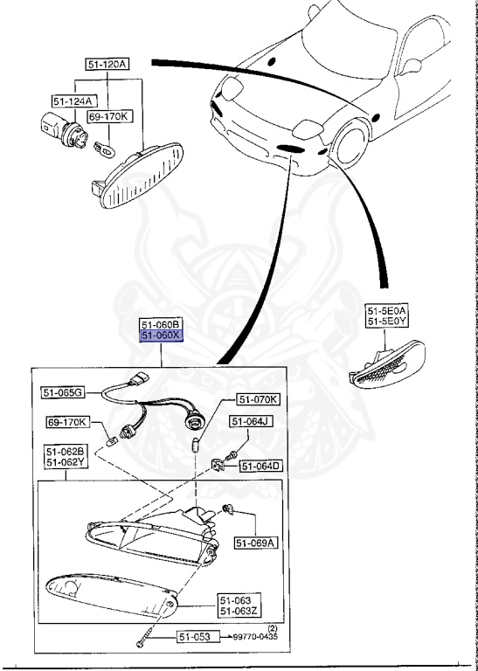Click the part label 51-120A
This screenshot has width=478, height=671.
click(107, 65)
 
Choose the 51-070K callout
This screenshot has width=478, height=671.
click(259, 400)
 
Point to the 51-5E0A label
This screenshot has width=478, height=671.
click(386, 310)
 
